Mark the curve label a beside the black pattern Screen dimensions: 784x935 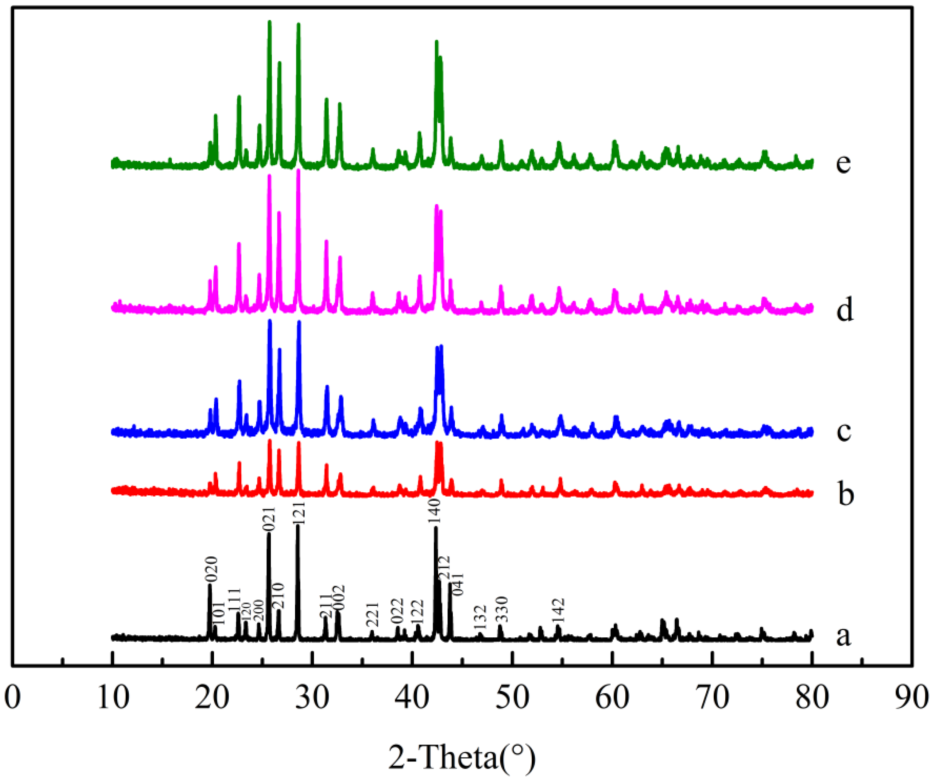click(843, 636)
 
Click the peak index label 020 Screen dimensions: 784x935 click(211, 569)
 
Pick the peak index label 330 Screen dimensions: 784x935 click(501, 609)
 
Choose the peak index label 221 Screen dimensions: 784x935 click(372, 615)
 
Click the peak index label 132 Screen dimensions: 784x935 click(480, 617)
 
